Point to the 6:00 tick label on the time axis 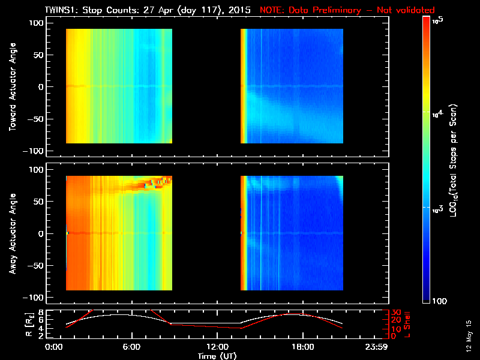[131, 347]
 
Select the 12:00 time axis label [216, 347]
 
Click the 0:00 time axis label [55, 347]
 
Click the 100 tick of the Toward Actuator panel [37, 22]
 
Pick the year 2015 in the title [239, 10]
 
